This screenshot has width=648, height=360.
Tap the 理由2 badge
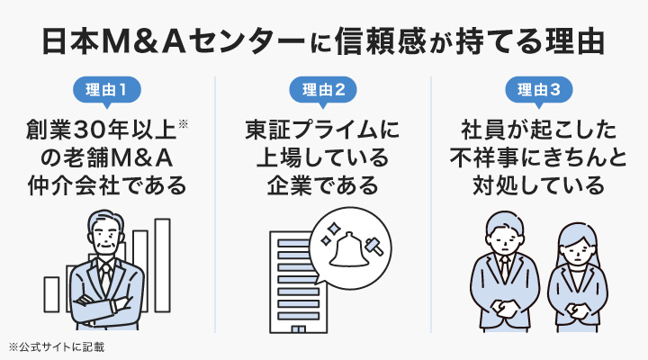323,89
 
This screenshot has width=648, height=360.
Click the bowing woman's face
573,244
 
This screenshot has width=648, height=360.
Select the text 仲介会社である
107,187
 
